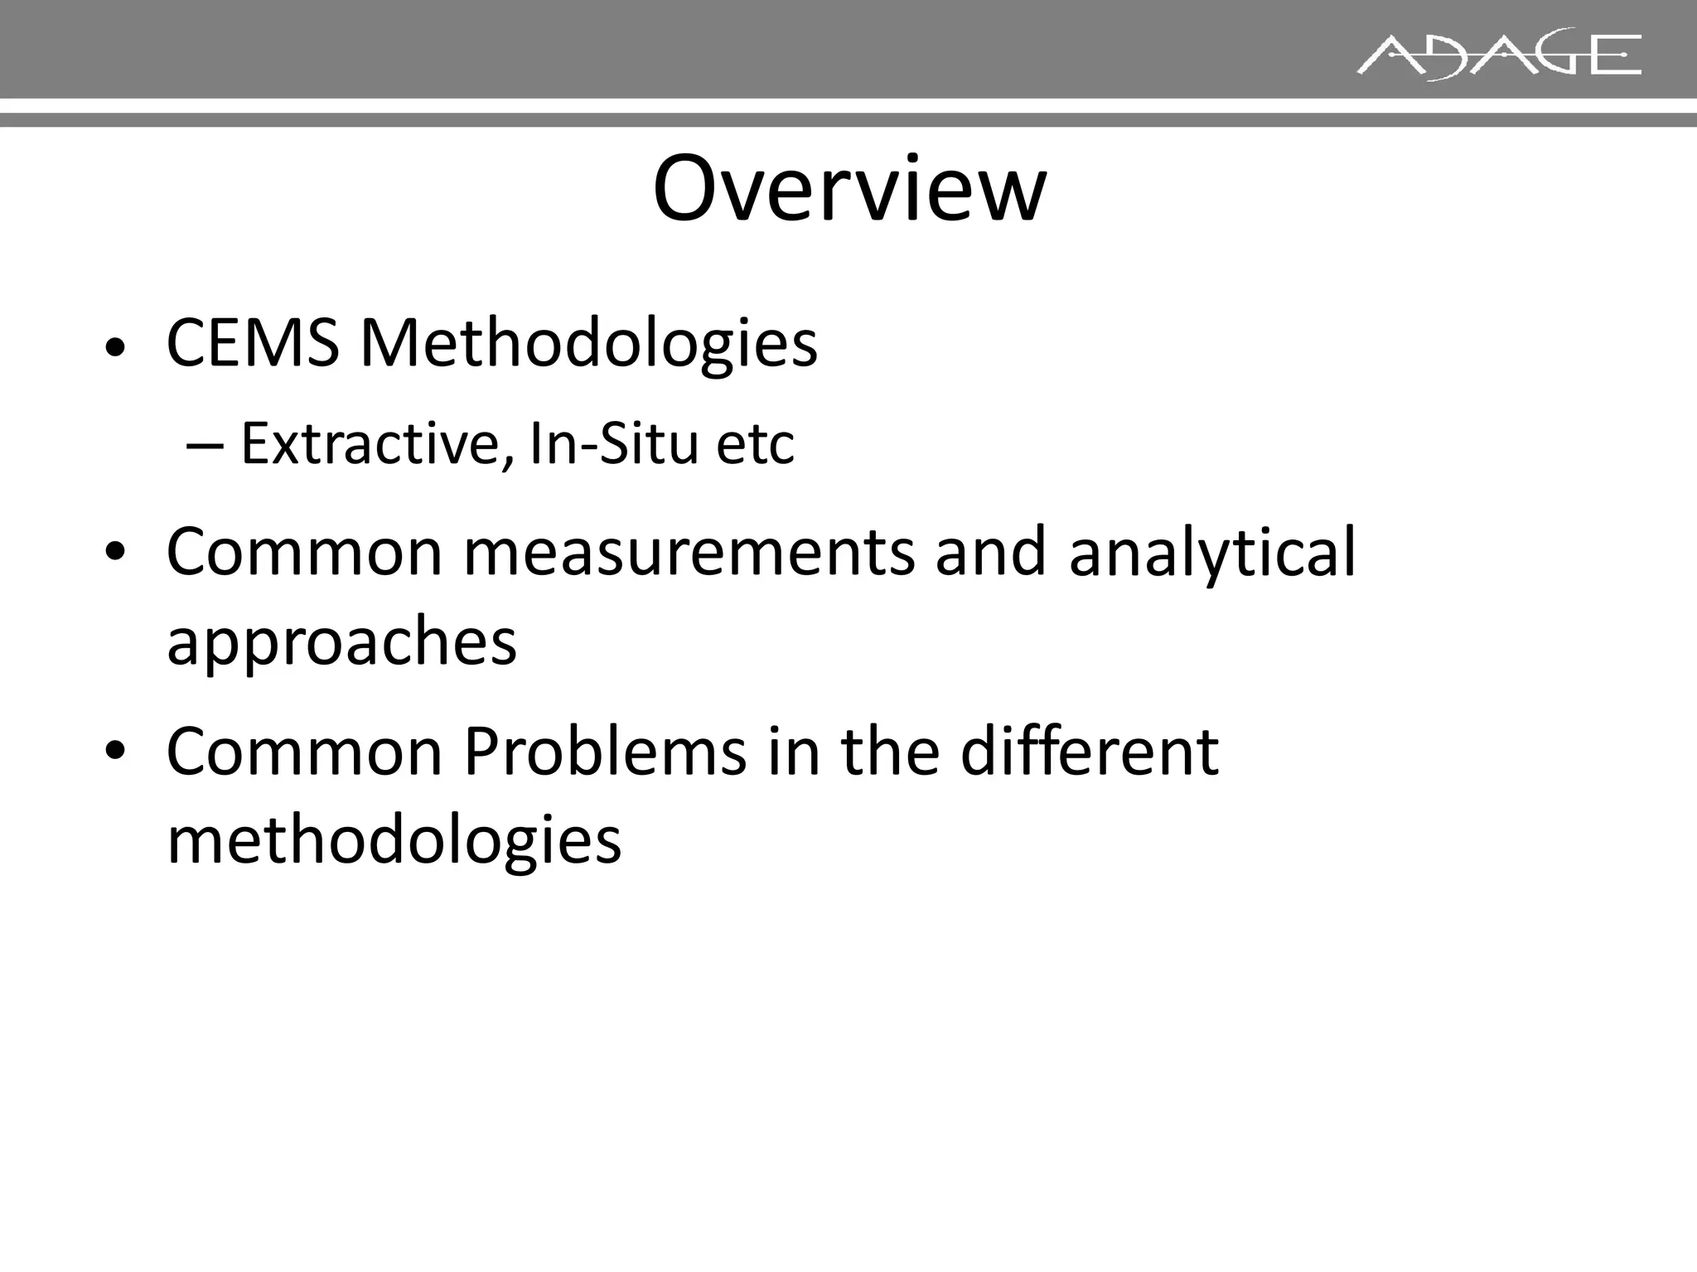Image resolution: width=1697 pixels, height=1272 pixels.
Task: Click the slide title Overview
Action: [x=849, y=189]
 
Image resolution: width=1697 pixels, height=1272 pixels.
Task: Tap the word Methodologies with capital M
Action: [x=588, y=344]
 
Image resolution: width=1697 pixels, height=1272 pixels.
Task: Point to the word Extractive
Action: [x=371, y=444]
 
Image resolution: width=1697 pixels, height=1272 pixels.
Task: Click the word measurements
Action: [x=689, y=552]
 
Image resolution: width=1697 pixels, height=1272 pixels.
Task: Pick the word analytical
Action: [x=1211, y=554]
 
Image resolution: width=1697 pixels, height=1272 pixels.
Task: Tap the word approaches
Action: [x=341, y=643]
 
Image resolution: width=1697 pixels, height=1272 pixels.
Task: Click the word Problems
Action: [x=605, y=751]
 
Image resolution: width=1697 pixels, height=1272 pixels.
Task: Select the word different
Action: [x=1089, y=751]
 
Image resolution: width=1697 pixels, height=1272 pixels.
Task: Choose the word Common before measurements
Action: [x=304, y=552]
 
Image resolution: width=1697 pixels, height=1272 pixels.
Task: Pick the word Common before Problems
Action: [x=304, y=751]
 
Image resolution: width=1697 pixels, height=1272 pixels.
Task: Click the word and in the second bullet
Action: [x=990, y=552]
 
